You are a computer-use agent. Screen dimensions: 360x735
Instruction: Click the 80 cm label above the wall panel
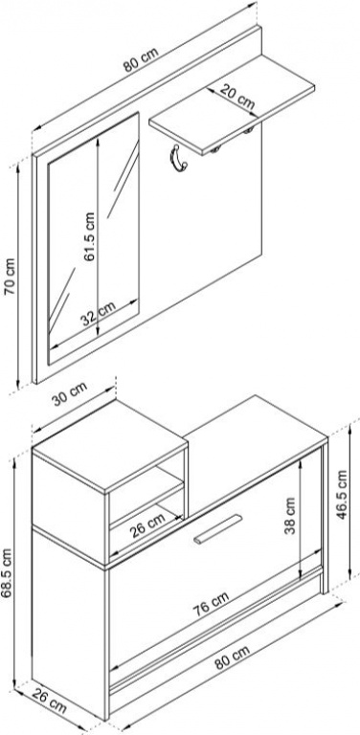coord(141,59)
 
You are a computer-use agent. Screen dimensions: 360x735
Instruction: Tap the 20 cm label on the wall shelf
coord(237,97)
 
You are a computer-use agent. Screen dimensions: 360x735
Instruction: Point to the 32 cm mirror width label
coord(99,314)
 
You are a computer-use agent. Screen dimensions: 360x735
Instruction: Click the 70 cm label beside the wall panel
coord(11,277)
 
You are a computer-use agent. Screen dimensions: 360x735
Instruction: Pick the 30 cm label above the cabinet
coord(69,394)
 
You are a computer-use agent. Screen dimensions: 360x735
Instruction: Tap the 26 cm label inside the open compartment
coord(147,524)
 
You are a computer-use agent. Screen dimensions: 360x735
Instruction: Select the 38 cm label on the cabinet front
coord(291,516)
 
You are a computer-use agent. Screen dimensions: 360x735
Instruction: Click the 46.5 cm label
coord(343,495)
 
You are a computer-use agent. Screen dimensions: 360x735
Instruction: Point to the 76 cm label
coord(212,604)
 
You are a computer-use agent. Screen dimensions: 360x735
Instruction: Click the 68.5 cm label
coord(7,573)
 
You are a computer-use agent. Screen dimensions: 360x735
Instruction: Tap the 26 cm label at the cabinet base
coord(49,702)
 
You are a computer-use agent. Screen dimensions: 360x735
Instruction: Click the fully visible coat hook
coord(179,159)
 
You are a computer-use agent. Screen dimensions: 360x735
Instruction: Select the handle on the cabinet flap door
coord(218,529)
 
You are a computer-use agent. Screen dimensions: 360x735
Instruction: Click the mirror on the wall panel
coord(94,238)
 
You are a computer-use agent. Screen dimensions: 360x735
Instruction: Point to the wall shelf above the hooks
coord(232,105)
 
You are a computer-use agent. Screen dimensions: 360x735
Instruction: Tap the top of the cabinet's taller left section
coord(110,446)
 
